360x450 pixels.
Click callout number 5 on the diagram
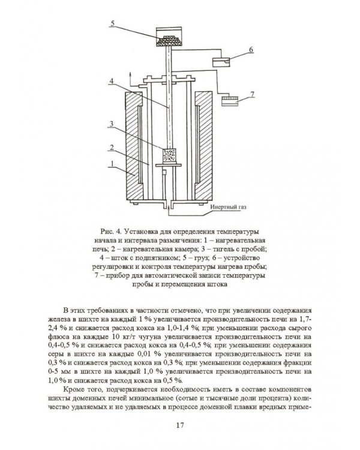click(x=113, y=23)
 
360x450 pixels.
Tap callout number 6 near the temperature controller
click(x=251, y=50)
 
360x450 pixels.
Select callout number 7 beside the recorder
click(x=253, y=94)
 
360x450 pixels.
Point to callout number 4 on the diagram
click(x=111, y=81)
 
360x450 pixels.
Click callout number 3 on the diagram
click(x=112, y=124)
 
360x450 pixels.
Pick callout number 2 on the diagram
click(x=112, y=148)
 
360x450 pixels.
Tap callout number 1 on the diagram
click(x=112, y=163)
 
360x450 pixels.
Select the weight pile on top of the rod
click(x=169, y=40)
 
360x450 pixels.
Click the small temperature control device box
click(x=221, y=62)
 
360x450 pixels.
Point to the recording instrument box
click(x=230, y=101)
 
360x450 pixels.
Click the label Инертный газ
click(x=228, y=207)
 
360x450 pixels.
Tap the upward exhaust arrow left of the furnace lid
click(x=130, y=79)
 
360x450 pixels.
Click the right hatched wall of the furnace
click(x=203, y=146)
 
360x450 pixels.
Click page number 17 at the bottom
click(x=180, y=425)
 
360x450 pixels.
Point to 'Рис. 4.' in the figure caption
click(x=110, y=232)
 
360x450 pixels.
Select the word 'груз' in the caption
click(x=203, y=258)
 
